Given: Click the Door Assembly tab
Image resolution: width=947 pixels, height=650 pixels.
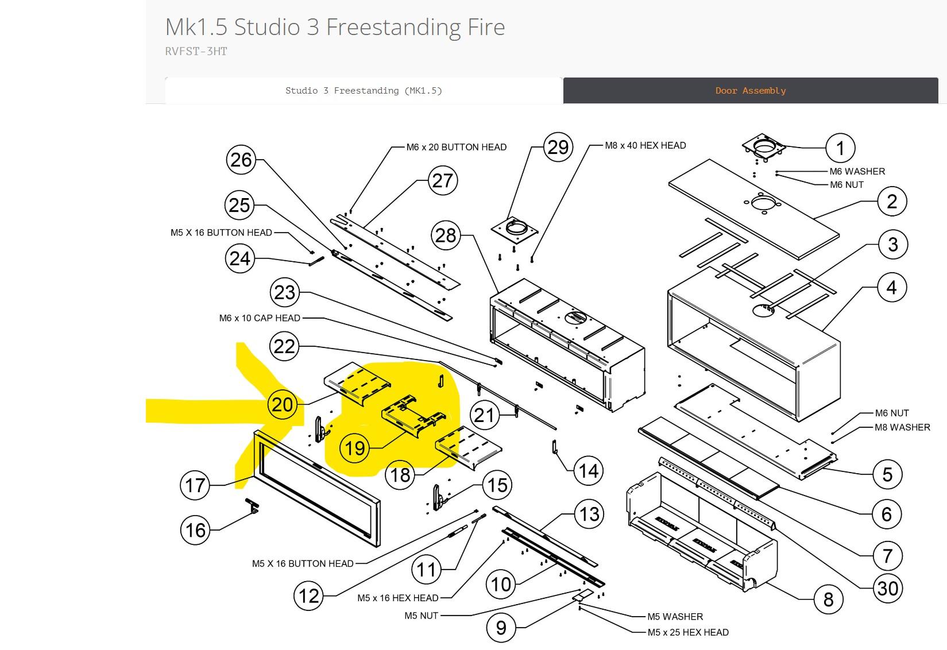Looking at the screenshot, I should pyautogui.click(x=750, y=91).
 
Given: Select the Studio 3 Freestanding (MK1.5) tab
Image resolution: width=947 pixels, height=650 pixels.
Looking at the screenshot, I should pyautogui.click(x=364, y=91).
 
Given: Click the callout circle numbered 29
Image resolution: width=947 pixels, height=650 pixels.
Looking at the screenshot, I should pyautogui.click(x=558, y=148).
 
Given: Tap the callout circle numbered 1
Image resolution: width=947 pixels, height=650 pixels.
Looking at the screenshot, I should pyautogui.click(x=840, y=148).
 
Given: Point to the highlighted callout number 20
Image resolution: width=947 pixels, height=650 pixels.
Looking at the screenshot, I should pyautogui.click(x=282, y=405).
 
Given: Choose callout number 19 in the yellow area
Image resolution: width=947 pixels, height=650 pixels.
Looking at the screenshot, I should pyautogui.click(x=355, y=448).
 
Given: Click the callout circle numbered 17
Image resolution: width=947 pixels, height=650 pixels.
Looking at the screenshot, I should pyautogui.click(x=195, y=485).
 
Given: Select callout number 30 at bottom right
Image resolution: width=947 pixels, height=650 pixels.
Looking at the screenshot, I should pyautogui.click(x=888, y=588).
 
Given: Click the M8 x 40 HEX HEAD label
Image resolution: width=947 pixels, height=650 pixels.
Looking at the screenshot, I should pyautogui.click(x=645, y=145).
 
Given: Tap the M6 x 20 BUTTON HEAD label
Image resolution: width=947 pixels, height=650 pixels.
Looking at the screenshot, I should pyautogui.click(x=456, y=147).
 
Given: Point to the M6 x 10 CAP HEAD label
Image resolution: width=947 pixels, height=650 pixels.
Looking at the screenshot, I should pyautogui.click(x=260, y=318).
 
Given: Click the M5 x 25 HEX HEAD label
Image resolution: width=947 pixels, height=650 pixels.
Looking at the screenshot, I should pyautogui.click(x=687, y=632).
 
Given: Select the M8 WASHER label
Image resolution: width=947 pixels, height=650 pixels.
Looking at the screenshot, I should pyautogui.click(x=902, y=427).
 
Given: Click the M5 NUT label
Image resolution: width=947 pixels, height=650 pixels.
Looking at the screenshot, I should pyautogui.click(x=421, y=616).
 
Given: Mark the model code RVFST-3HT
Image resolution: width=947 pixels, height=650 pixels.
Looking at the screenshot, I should pyautogui.click(x=196, y=51).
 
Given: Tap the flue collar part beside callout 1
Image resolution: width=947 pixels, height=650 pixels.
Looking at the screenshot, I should pyautogui.click(x=764, y=146).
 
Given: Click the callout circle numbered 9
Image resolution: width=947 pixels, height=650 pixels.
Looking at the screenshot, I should pyautogui.click(x=501, y=627).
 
